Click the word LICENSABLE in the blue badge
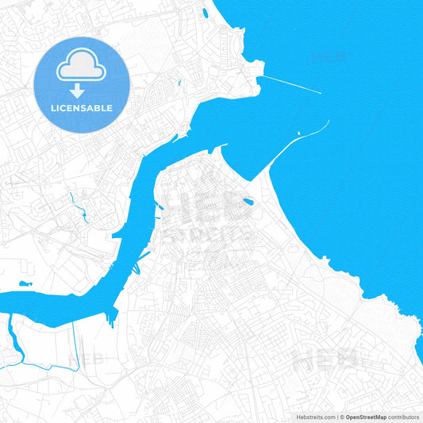pyautogui.click(x=82, y=108)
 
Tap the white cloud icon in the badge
pyautogui.click(x=82, y=67)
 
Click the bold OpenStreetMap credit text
pyautogui.click(x=365, y=417)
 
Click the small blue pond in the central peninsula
pyautogui.click(x=248, y=202)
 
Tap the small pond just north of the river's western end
pyautogui.click(x=25, y=283)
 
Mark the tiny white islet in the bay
pyautogui.click(x=298, y=133)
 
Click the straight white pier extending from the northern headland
pyautogui.click(x=290, y=84)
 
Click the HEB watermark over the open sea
pyautogui.click(x=330, y=57)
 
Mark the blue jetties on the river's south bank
pyautogui.click(x=143, y=258)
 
